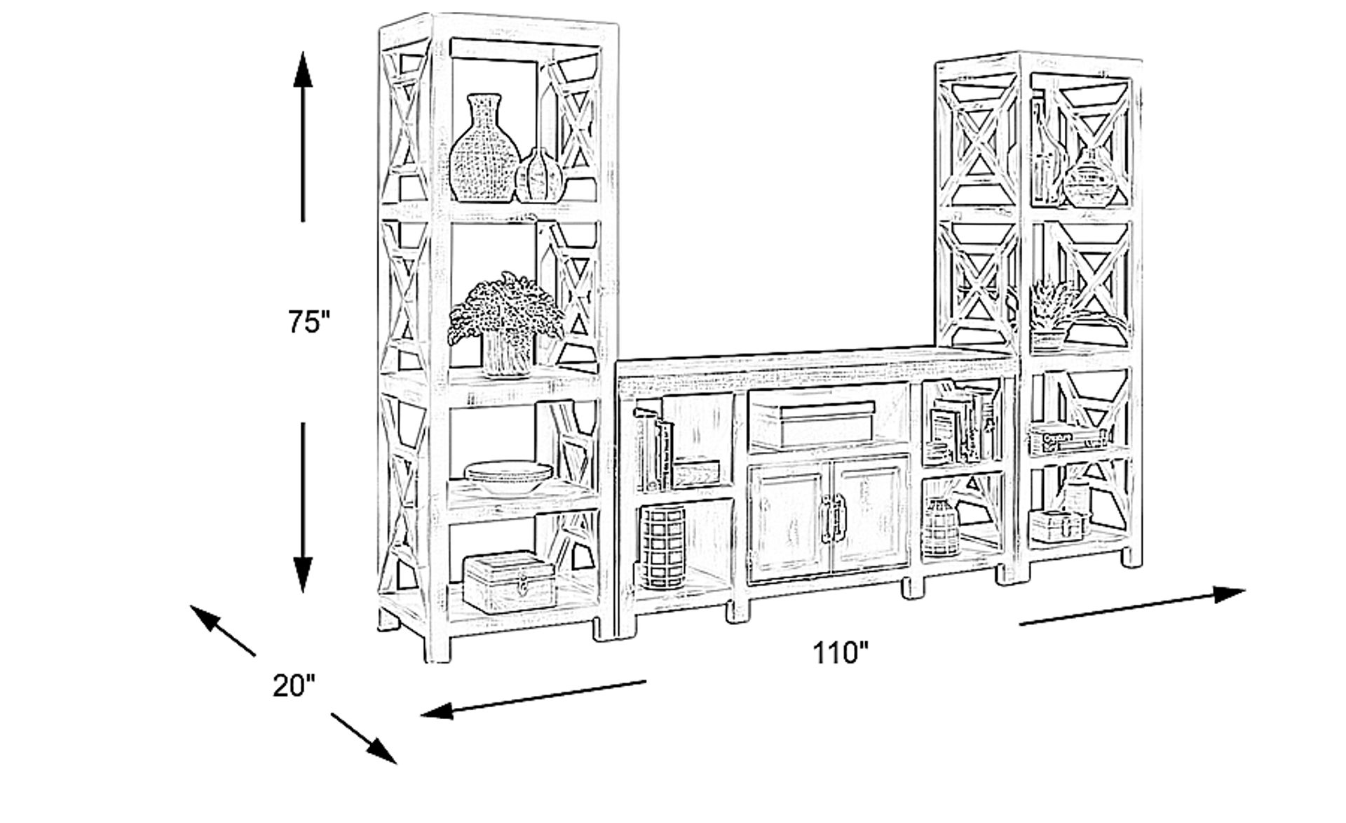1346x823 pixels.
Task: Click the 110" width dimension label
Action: [840, 653]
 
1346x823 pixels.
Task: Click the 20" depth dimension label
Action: [294, 685]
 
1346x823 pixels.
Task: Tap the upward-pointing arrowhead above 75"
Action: [303, 70]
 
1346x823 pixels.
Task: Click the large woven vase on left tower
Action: [484, 151]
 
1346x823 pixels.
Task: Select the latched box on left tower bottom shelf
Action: [510, 581]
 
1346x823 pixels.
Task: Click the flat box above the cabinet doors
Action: [813, 424]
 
